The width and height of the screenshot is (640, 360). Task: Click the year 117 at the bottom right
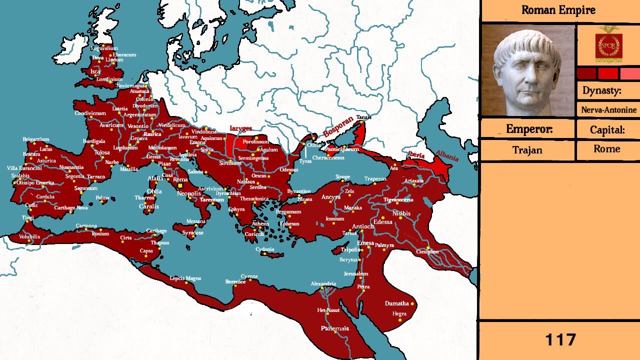pos(560,340)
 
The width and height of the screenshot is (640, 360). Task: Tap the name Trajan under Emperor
pos(527,149)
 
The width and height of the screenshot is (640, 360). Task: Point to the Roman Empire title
pos(558,10)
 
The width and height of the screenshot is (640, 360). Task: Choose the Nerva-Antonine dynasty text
pos(608,110)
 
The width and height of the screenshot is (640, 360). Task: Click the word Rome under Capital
pos(606,148)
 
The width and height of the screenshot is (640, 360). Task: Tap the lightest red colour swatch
pos(630,73)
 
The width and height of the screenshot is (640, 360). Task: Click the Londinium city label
pos(109,79)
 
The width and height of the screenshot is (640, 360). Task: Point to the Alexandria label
pos(323,283)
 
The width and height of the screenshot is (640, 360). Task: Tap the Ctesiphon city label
pos(427,251)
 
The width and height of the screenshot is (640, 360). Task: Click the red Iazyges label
pos(240,128)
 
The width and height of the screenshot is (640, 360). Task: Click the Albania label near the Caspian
pos(446,155)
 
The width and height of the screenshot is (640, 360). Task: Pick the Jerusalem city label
pos(356,273)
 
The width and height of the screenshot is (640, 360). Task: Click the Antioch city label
pos(363,226)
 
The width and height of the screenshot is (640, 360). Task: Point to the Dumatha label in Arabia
pos(396,303)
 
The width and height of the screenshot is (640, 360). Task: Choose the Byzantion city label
pos(298,191)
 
